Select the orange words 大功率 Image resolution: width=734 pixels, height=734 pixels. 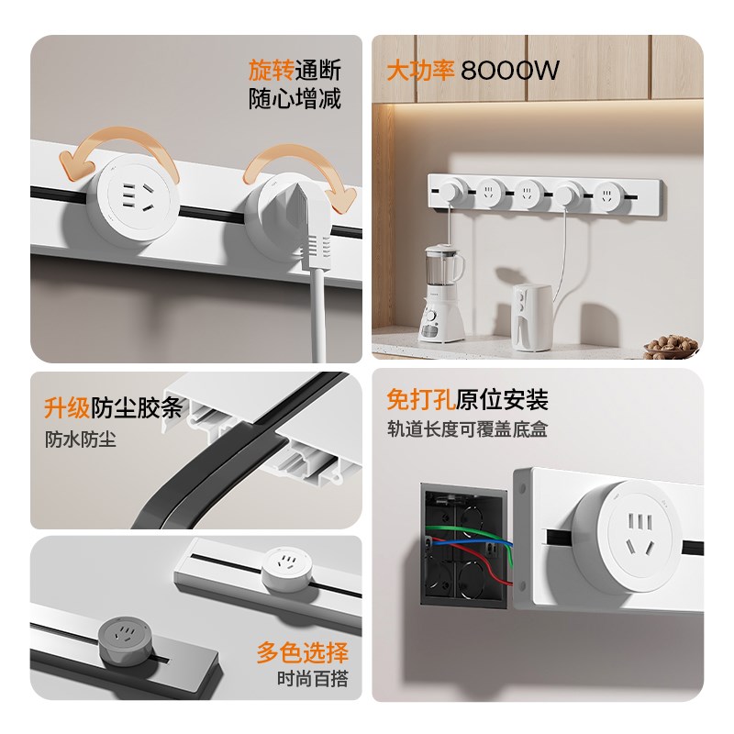coord(421,71)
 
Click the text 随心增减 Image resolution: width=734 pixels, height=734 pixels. coord(295,99)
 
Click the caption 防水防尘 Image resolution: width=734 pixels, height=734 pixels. coord(81,439)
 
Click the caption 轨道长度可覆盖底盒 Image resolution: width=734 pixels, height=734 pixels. coord(468,428)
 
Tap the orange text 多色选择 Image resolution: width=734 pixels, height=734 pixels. coord(302,652)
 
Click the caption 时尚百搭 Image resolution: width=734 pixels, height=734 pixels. coord(312,680)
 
